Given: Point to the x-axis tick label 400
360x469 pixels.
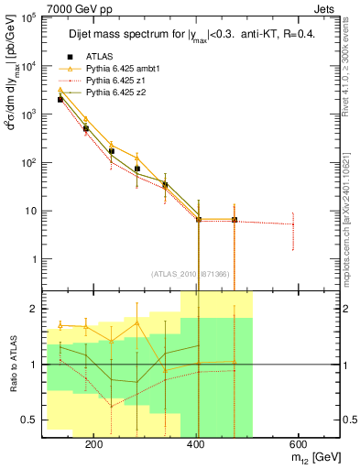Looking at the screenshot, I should tap(194, 444).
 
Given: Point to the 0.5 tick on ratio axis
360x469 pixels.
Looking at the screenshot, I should tap(29, 420).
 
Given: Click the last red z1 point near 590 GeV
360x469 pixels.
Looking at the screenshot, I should tap(293, 224).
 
